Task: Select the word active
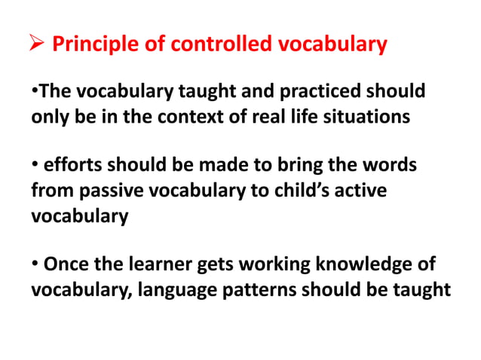tap(361, 191)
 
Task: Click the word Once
tap(66, 264)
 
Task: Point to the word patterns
tap(262, 289)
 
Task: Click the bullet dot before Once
tap(35, 264)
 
